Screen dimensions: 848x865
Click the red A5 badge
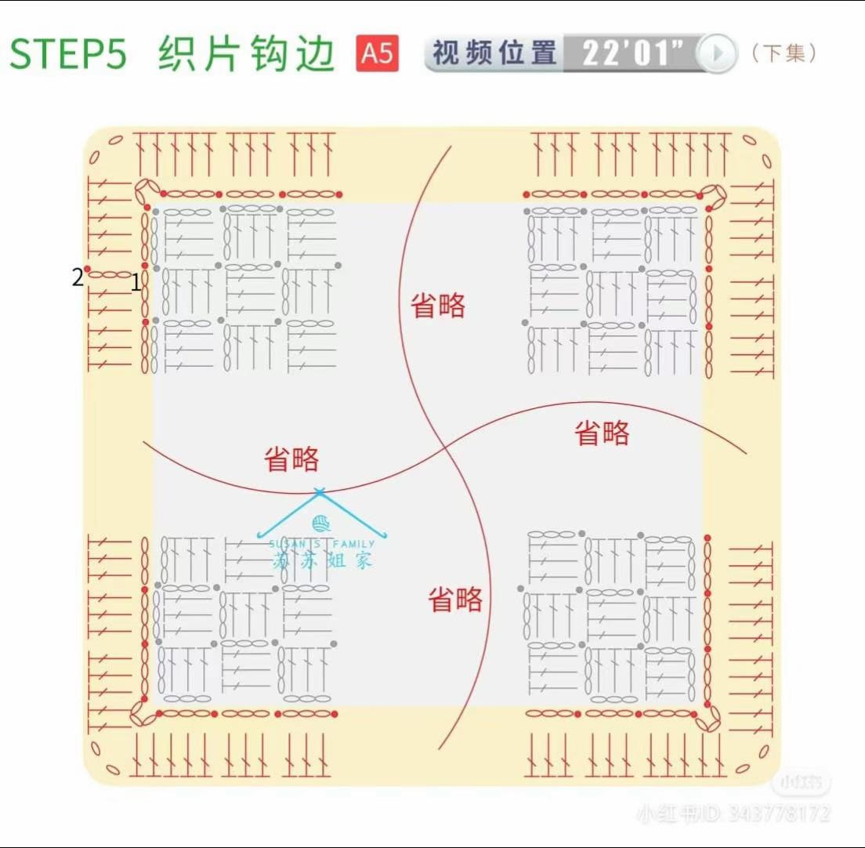click(377, 54)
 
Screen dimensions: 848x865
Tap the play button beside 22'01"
click(716, 54)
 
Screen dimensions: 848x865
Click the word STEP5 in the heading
click(67, 54)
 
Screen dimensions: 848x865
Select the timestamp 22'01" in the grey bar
click(626, 53)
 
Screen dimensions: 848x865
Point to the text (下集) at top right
click(784, 53)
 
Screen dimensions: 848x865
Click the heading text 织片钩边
click(247, 54)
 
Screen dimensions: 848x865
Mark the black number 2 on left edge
click(78, 277)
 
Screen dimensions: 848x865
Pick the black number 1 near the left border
click(136, 282)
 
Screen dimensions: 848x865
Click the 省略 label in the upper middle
click(438, 306)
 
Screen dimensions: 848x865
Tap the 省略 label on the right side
click(602, 433)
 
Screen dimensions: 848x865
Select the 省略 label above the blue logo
click(291, 460)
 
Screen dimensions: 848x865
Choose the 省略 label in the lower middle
click(455, 600)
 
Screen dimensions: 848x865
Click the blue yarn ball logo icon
click(320, 524)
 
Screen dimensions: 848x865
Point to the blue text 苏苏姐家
click(322, 560)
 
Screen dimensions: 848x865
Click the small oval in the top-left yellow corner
click(115, 141)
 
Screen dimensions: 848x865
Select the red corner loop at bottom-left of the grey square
click(142, 712)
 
